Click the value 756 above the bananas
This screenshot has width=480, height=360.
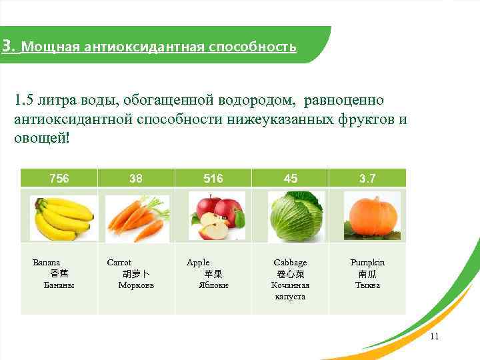[60, 178]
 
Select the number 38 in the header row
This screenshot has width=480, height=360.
[136, 178]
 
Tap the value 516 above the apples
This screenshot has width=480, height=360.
[213, 178]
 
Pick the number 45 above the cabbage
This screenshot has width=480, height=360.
[291, 178]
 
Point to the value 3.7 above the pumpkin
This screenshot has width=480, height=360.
[367, 178]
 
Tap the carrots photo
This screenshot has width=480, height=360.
[137, 217]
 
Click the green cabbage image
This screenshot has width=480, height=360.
[295, 216]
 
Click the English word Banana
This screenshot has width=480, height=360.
[47, 263]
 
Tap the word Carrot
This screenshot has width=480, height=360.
[119, 263]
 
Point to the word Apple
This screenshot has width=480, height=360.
[198, 263]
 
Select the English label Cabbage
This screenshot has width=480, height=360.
[291, 263]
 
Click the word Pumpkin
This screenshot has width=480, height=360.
[367, 263]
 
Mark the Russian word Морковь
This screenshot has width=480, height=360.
[136, 285]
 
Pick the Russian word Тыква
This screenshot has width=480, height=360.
[367, 285]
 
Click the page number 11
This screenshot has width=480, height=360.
[434, 336]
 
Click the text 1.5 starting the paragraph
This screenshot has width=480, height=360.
[25, 101]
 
